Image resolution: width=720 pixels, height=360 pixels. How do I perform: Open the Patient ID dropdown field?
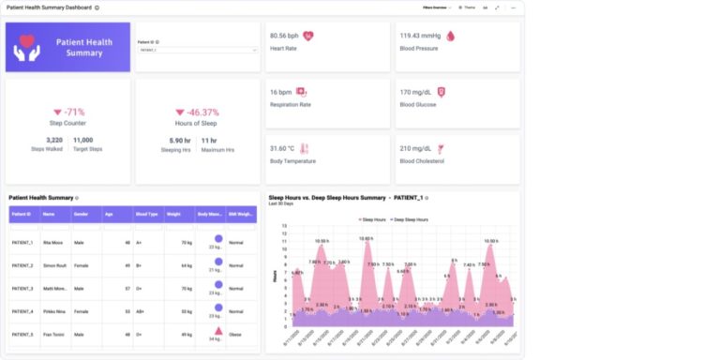[x=196, y=51]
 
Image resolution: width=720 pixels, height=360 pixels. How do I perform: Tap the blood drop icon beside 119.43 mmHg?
[x=450, y=36]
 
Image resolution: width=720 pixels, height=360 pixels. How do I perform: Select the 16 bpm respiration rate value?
[x=279, y=92]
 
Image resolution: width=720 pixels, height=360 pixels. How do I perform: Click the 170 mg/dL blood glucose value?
[x=415, y=92]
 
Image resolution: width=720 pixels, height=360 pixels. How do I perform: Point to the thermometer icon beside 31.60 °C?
[x=303, y=148]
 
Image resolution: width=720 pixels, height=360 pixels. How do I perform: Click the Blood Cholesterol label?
[x=425, y=160]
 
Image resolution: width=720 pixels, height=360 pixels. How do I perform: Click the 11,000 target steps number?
[x=82, y=140]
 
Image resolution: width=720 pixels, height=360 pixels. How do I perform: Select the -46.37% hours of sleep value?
[x=196, y=111]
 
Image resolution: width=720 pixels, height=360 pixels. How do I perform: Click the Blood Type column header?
[x=146, y=214]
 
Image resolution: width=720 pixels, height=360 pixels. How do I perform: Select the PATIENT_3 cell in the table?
[x=22, y=289]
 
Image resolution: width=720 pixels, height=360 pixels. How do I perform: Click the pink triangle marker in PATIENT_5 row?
[x=217, y=331]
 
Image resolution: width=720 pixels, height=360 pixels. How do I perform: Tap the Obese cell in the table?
[x=236, y=334]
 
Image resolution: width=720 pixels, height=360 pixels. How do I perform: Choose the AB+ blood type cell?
[x=141, y=311]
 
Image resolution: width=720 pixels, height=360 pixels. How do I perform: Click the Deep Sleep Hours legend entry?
[x=411, y=218]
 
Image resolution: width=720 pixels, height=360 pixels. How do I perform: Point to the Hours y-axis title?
[x=274, y=276]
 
